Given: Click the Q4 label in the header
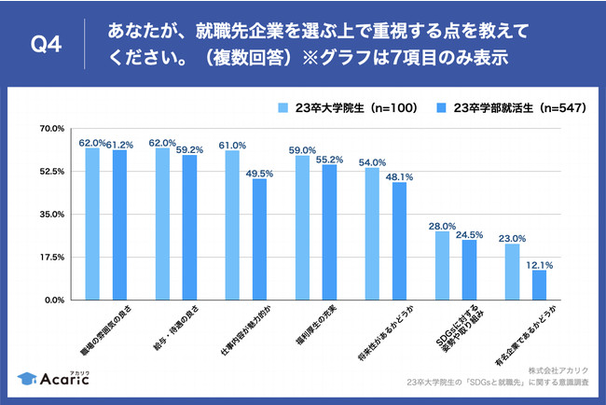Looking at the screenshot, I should click(45, 45).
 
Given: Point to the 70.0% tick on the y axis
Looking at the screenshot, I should click(50, 129).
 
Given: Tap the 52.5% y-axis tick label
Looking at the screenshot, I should click(50, 172).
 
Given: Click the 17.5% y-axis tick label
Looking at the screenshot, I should click(50, 257).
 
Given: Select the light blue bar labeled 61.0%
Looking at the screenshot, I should click(232, 225).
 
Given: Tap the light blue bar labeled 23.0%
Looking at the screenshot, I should click(512, 272).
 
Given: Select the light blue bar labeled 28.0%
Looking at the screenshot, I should click(442, 265).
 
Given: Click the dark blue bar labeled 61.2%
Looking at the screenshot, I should click(119, 225).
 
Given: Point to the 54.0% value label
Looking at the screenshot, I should click(372, 162).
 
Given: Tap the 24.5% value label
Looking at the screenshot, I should click(470, 234).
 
